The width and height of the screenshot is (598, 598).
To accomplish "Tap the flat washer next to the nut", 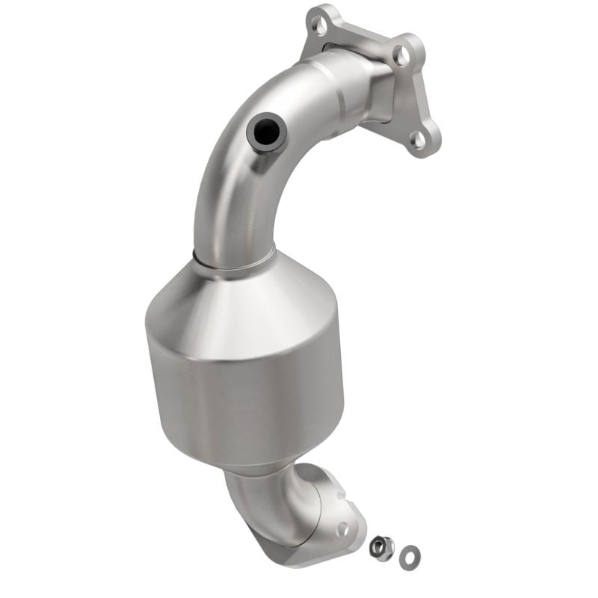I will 408,554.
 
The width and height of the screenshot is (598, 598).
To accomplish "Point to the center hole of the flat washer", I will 408,554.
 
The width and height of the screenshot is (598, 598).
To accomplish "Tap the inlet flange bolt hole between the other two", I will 401,54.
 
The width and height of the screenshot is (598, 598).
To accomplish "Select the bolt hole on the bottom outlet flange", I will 343,529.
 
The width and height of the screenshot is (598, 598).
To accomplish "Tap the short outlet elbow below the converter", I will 269,501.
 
